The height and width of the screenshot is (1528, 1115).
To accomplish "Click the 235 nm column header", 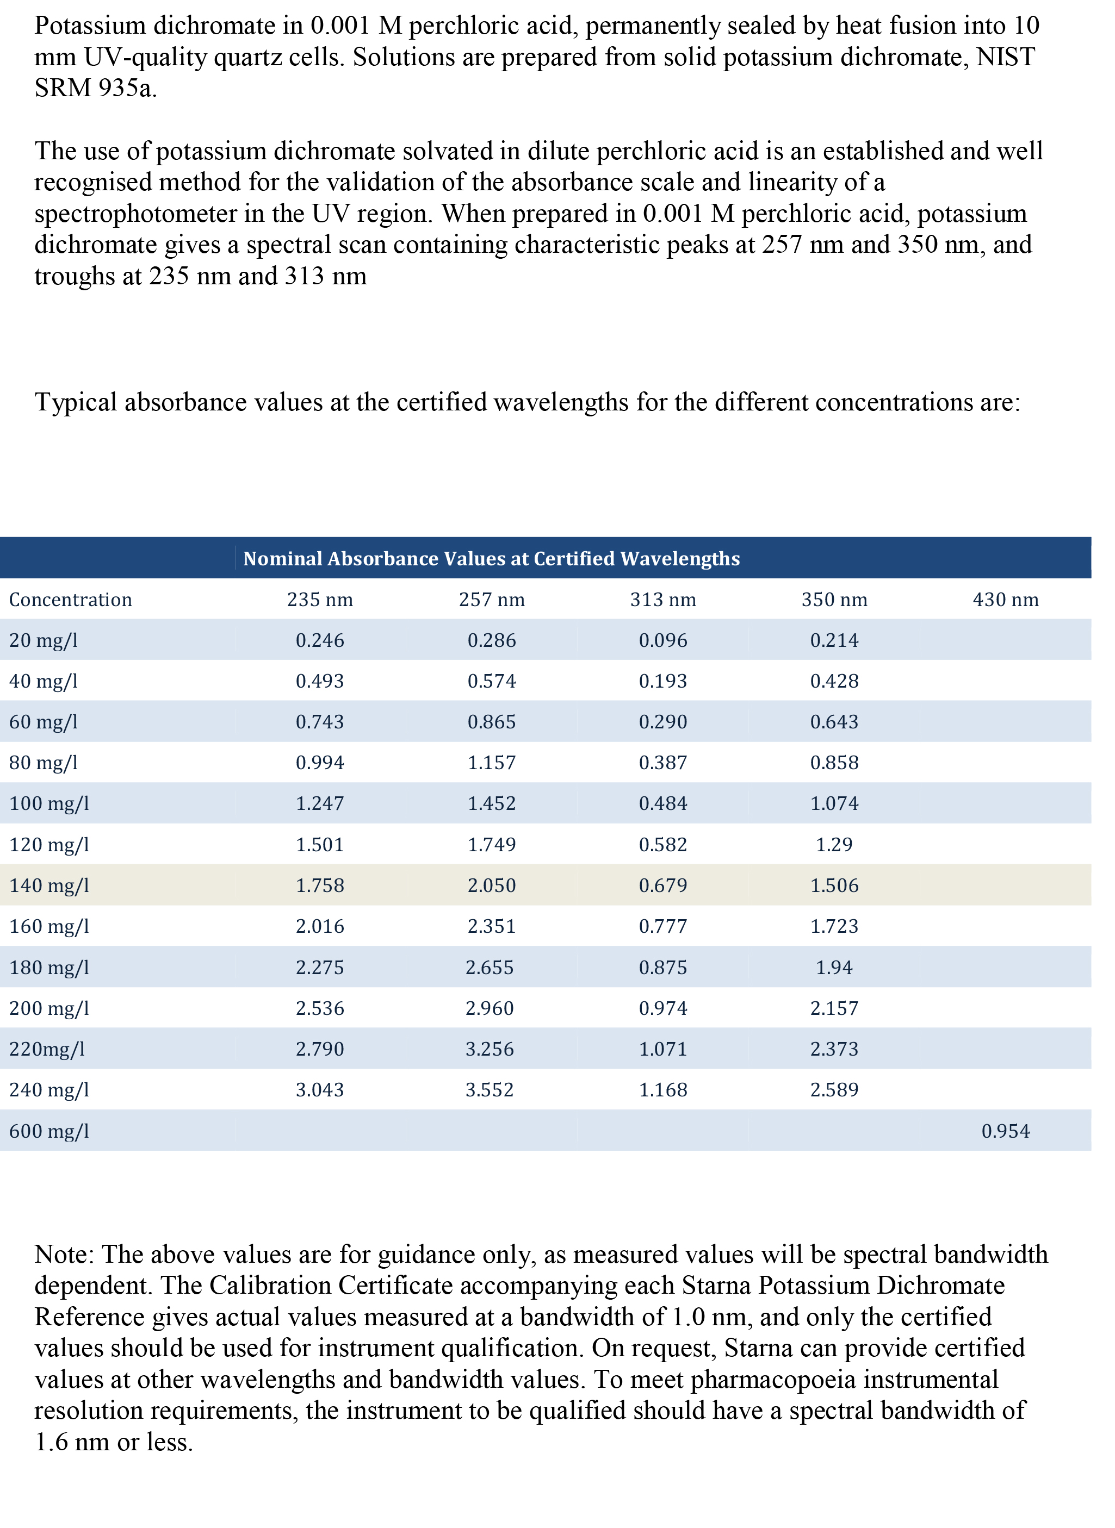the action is click(320, 600).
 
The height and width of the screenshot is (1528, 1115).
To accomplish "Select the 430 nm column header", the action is click(1006, 600).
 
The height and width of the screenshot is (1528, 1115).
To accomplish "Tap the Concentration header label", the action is click(70, 600).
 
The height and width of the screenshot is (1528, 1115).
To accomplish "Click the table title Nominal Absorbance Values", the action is click(491, 559).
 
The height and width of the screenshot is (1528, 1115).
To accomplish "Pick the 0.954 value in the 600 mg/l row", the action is click(1006, 1131).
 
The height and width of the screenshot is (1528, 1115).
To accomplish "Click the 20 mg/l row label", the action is click(43, 640).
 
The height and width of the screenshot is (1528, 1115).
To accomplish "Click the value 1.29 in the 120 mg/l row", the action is click(834, 845).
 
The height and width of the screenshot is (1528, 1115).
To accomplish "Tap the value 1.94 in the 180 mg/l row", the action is click(834, 968).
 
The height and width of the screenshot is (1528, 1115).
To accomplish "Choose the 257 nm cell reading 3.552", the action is click(490, 1090).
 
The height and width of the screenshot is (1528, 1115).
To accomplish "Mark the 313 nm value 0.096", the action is click(663, 640).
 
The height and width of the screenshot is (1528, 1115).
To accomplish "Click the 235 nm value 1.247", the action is click(320, 803).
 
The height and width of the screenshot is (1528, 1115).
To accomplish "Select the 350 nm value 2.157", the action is click(834, 1008).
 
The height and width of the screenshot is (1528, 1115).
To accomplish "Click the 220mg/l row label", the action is click(47, 1050).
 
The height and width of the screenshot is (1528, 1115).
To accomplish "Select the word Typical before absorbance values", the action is click(76, 403).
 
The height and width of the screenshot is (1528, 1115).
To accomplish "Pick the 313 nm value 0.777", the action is click(663, 926).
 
